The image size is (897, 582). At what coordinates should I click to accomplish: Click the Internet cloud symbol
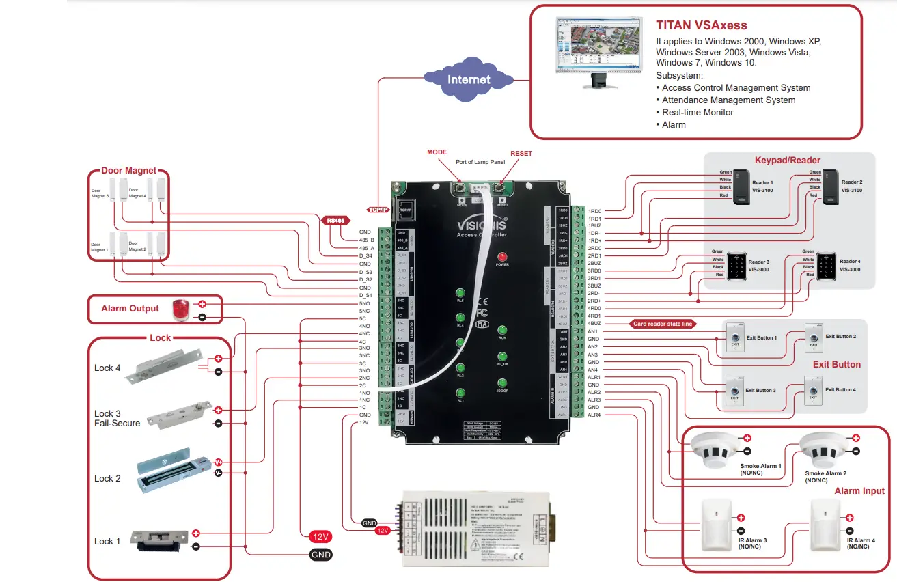pos(468,79)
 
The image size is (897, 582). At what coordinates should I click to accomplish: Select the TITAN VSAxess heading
pos(702,25)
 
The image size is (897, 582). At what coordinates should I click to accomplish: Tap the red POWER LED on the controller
pos(502,256)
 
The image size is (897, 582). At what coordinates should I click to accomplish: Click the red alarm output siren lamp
pos(180,309)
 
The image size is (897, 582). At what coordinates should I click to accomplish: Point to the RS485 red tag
pos(336,221)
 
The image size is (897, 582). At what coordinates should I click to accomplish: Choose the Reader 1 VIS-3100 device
pos(743,189)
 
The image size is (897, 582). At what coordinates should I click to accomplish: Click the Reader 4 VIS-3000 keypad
pos(826,266)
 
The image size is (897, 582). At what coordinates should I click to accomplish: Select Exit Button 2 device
pos(813,337)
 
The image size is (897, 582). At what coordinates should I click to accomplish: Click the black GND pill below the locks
pos(321,555)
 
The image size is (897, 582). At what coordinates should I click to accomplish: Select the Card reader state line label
pos(662,324)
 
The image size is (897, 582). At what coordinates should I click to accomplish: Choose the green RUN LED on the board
pos(502,330)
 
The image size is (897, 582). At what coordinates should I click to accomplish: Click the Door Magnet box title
pos(128,171)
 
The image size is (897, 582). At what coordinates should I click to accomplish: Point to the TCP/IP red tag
pos(378,210)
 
